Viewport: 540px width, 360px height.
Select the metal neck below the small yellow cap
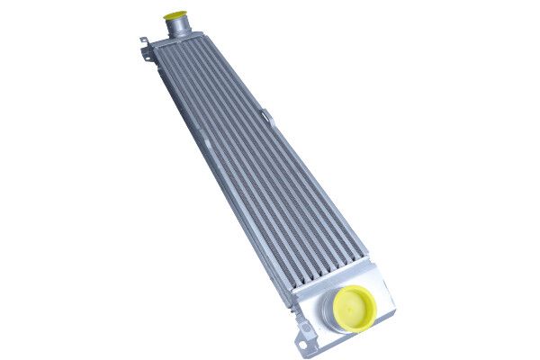point(178,28)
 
